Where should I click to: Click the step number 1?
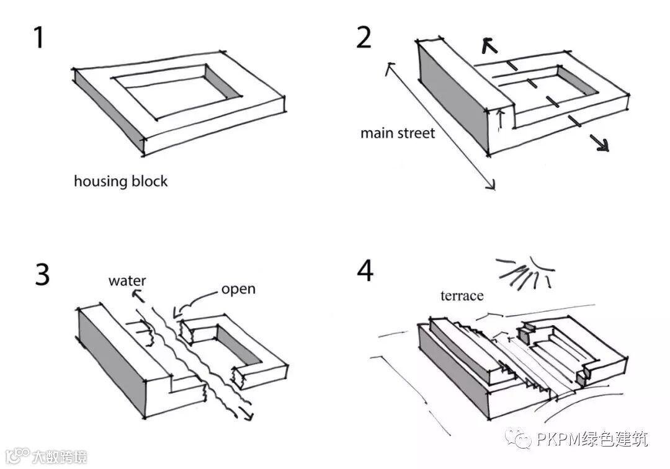[x=38, y=38]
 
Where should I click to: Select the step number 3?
[x=42, y=274]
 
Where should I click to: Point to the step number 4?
[x=365, y=271]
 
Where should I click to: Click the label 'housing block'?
[x=120, y=182]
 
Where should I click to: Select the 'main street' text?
[x=398, y=133]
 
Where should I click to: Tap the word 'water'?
[x=127, y=280]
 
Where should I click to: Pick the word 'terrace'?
[x=462, y=295]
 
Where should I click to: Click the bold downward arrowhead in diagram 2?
[x=601, y=145]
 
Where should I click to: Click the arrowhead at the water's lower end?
[x=250, y=414]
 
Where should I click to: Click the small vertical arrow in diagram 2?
[x=501, y=118]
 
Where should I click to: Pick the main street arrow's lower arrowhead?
[x=492, y=185]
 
